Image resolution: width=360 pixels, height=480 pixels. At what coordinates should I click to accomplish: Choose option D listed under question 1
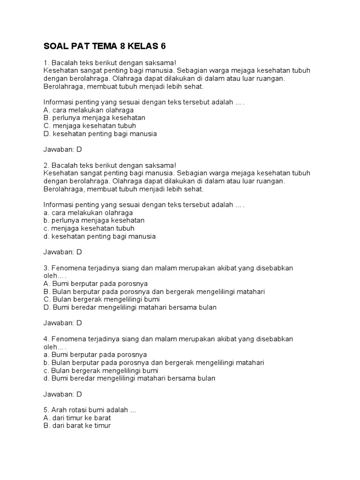(x=100, y=134)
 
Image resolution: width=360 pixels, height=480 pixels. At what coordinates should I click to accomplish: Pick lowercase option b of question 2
(x=93, y=220)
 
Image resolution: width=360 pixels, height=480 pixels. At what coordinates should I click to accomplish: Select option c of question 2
(x=89, y=228)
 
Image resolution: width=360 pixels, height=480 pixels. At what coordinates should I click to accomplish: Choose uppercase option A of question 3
(x=95, y=284)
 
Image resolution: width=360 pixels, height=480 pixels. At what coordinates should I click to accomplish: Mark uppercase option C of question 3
(x=101, y=300)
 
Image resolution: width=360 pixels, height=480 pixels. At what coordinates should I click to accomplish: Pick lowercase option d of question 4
(x=129, y=378)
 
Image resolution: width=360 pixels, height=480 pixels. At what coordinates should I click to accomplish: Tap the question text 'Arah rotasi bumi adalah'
(x=90, y=410)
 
